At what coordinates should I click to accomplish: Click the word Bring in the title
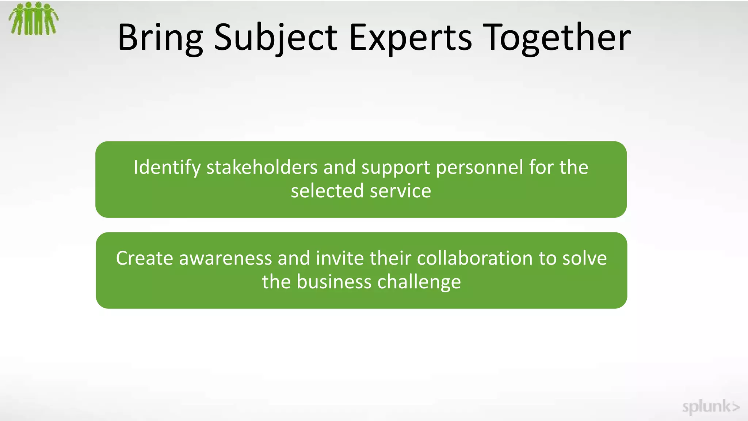160,38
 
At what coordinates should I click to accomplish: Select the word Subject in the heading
276,38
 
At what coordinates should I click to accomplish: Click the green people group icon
34,19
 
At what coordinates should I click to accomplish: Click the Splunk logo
710,406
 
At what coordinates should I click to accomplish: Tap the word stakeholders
262,168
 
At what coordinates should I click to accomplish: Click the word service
400,191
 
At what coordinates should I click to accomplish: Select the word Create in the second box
144,258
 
